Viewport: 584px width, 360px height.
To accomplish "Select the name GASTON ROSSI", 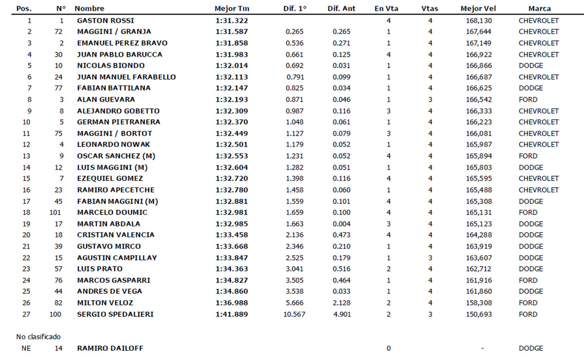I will [x=106, y=20].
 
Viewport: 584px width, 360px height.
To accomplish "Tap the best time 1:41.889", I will [x=232, y=314].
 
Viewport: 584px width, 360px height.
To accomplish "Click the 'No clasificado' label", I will [x=38, y=337].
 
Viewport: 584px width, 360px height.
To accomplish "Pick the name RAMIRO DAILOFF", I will [x=110, y=348].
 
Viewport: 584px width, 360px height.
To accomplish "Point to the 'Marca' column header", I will [x=539, y=9].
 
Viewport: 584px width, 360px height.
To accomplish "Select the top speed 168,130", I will [x=478, y=20].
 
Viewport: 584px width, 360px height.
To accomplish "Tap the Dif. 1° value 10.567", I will [x=294, y=314].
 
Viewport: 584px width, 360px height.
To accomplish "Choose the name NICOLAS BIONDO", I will [x=111, y=66].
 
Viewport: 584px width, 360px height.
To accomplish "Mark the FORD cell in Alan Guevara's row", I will [x=528, y=99].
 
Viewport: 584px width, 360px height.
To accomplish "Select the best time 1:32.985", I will [x=232, y=224].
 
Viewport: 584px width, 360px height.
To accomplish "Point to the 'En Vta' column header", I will [x=386, y=9].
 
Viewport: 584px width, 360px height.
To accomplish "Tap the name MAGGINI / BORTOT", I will [x=114, y=133].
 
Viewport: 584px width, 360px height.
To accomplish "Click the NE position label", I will [x=26, y=348].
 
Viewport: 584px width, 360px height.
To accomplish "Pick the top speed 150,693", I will [x=478, y=314].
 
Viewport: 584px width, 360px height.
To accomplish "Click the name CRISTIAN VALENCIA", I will [x=116, y=234].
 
